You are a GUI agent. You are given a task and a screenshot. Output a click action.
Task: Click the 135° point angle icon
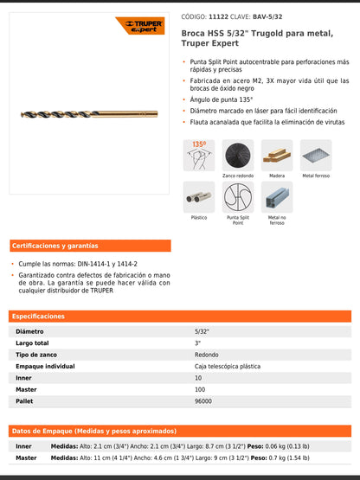coord(199,155)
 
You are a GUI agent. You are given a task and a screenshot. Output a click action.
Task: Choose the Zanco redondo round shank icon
coord(238,155)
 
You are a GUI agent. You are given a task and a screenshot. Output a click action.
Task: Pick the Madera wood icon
coord(277,155)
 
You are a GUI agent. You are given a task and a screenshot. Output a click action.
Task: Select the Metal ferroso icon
coord(316,155)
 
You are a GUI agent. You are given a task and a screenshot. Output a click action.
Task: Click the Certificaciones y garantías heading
coord(55,246)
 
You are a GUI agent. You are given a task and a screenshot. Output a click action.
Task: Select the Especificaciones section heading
coord(39,317)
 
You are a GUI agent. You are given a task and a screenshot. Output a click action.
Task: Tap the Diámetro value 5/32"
coord(202,331)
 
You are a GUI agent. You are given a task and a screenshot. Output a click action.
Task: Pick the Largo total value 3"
coord(197,343)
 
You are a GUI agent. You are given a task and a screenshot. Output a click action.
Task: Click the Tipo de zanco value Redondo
coord(207,355)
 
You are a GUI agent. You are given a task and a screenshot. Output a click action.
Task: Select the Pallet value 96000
coord(204,401)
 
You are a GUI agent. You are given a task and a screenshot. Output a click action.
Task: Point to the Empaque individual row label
coord(46,367)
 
